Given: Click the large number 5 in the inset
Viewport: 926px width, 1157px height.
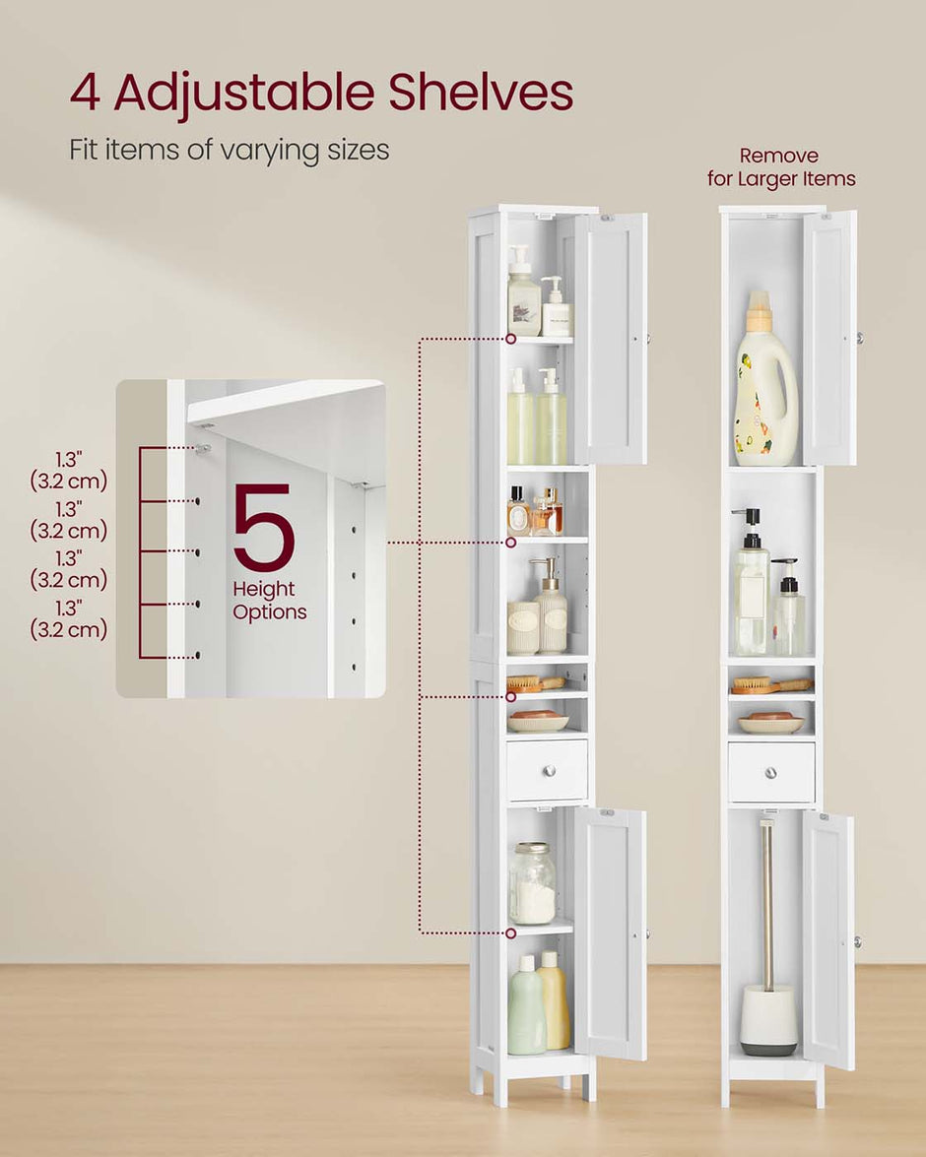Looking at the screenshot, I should pos(264,528).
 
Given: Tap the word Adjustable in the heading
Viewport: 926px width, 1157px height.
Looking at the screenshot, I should pos(243,94).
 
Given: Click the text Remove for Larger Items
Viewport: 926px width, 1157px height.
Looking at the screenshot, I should pos(780,167).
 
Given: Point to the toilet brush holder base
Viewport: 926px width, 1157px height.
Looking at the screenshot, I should pos(768,1020).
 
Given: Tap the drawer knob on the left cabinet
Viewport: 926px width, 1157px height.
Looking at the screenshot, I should pos(547,771).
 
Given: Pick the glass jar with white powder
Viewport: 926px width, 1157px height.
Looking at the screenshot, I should pos(532,884).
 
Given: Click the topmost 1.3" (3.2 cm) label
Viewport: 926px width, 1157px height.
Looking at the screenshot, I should pos(68,470).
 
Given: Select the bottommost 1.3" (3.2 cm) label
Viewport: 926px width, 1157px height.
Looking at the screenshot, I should pos(68,618).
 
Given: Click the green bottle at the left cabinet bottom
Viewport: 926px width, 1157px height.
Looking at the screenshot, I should pos(526,1006).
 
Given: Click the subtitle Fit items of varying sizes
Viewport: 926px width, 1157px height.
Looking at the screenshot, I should pos(230,151).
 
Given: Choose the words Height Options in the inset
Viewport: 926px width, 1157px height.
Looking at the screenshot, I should pos(269,601).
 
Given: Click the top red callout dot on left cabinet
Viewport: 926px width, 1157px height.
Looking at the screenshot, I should pos(511,339).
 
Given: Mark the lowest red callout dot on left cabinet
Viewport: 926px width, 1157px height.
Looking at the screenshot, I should pos(511,932).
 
